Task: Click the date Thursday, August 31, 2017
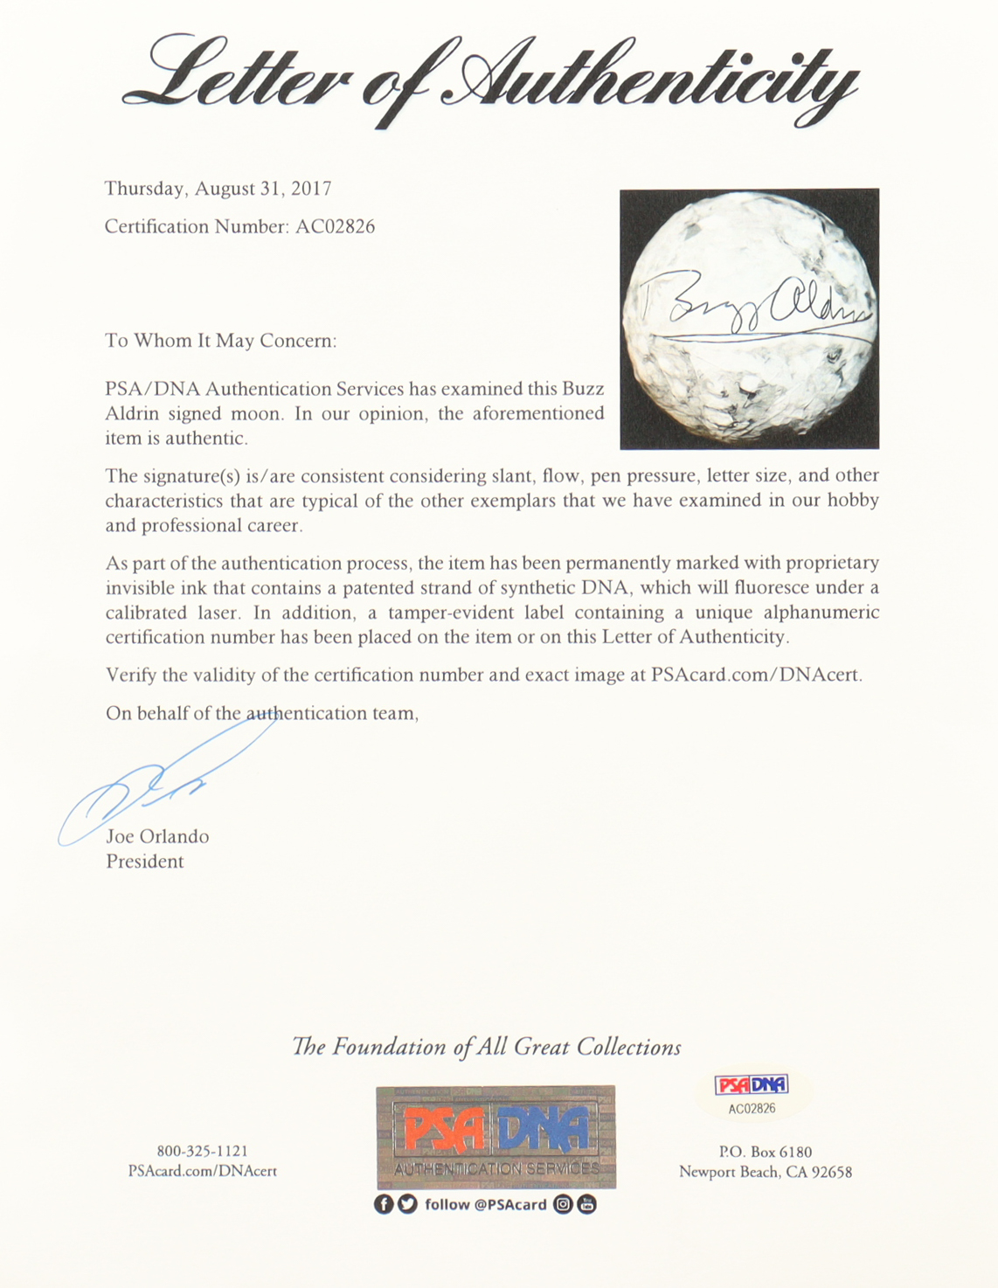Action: coord(218,189)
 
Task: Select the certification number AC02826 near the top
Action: coord(336,227)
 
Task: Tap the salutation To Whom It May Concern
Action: coord(220,341)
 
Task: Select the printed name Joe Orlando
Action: coord(157,837)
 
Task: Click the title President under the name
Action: coord(145,862)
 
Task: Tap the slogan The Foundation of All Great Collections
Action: coord(487,1047)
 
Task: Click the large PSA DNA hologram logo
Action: coord(496,1136)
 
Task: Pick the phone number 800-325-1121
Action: coord(202,1152)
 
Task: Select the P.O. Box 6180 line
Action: coord(765,1152)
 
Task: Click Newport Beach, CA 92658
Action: coord(765,1173)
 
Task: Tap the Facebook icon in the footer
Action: coord(384,1205)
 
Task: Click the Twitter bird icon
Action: coord(407,1205)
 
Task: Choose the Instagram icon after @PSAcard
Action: coord(564,1205)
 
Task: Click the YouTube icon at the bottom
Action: coord(587,1205)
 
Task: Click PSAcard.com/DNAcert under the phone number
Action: coord(202,1172)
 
